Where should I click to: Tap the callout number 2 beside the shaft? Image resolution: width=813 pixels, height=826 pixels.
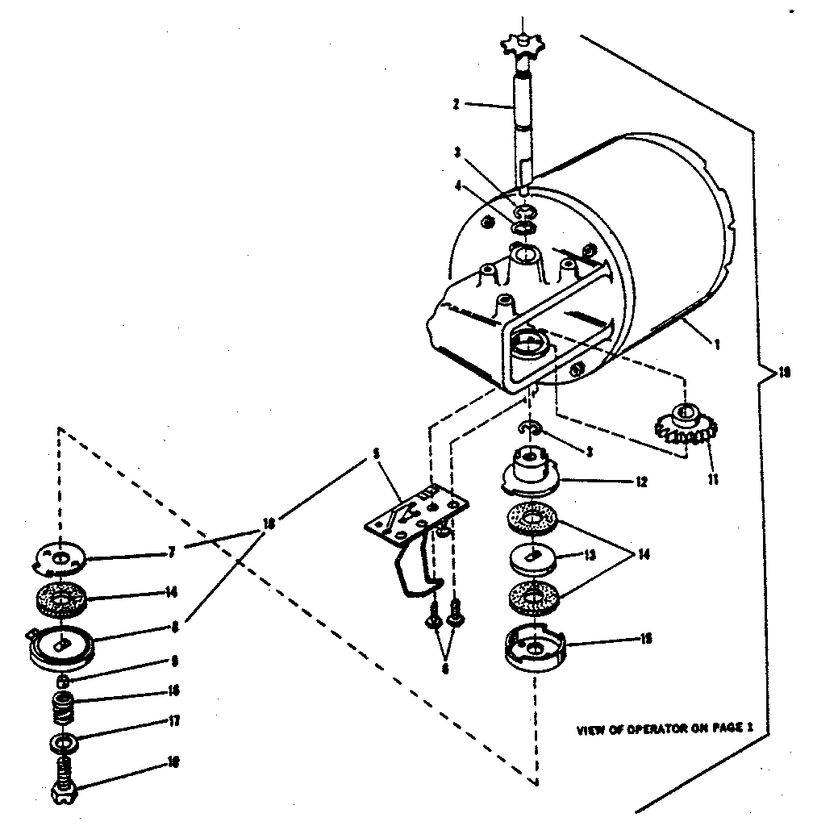[x=457, y=104]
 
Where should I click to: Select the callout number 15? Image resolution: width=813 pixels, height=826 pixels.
[x=646, y=638]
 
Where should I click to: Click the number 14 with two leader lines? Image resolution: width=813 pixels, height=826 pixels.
[x=644, y=556]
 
